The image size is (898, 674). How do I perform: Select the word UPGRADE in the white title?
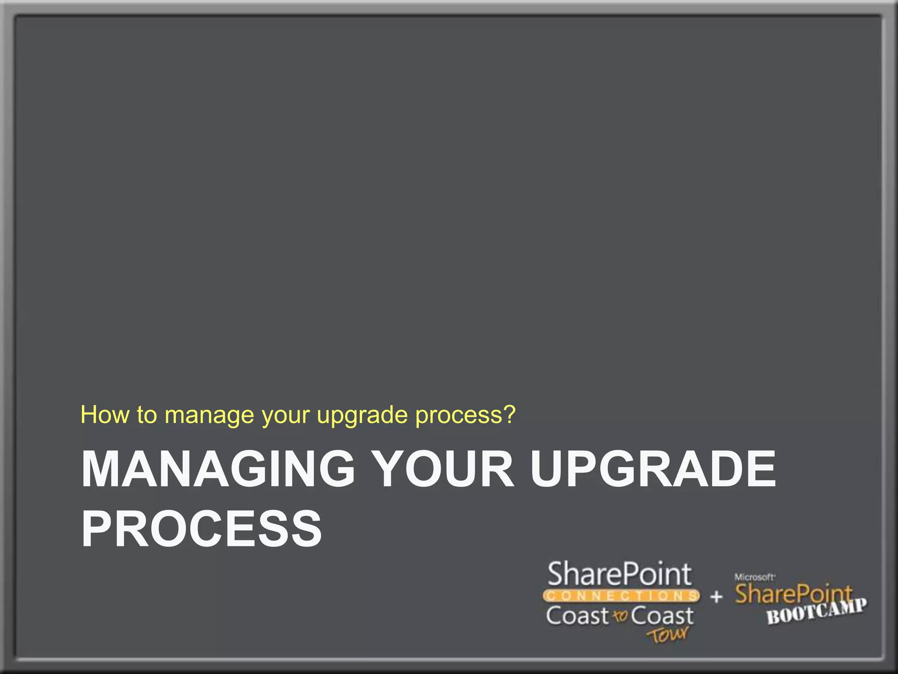click(x=653, y=469)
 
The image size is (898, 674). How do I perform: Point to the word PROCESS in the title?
click(x=202, y=528)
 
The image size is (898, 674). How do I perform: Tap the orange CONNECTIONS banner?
click(x=621, y=596)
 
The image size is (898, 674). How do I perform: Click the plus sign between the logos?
click(x=716, y=597)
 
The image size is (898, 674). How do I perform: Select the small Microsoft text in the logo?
click(x=754, y=577)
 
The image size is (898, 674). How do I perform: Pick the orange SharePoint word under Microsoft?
click(x=793, y=594)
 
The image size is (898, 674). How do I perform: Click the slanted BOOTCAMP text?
click(x=816, y=612)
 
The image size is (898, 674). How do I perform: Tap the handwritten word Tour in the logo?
click(x=668, y=635)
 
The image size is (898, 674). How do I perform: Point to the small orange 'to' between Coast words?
click(x=620, y=617)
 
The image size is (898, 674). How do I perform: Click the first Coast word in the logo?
click(x=577, y=616)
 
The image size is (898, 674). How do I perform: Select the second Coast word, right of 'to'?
click(x=662, y=616)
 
